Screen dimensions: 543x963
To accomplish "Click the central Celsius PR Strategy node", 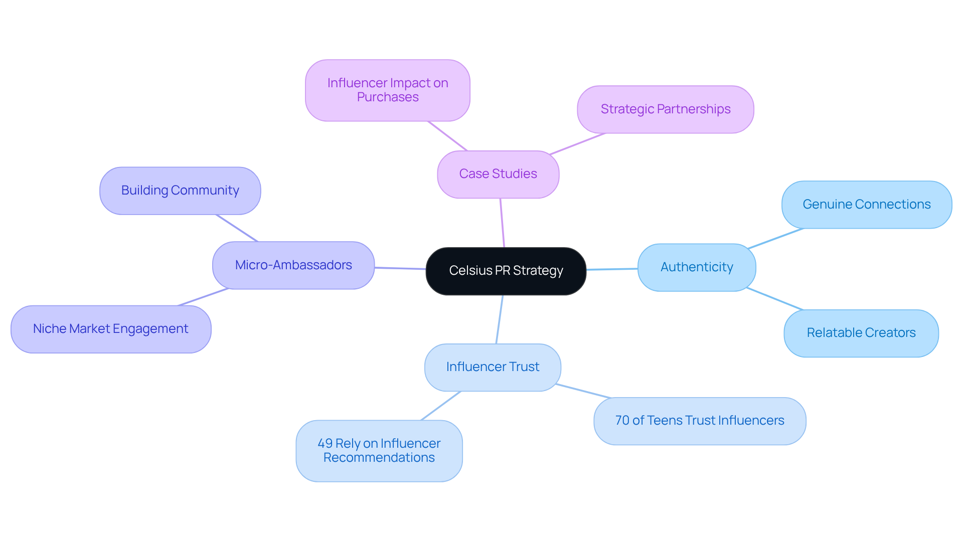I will click(x=506, y=271).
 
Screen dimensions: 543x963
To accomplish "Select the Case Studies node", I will click(x=498, y=174).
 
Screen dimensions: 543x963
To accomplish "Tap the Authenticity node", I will click(x=697, y=267).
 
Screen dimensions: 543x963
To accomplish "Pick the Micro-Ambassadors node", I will click(x=293, y=265).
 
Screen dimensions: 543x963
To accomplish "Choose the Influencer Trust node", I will click(x=493, y=367).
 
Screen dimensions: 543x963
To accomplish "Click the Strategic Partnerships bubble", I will click(x=665, y=109).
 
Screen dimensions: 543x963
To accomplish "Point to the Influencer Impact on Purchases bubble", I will click(x=388, y=90).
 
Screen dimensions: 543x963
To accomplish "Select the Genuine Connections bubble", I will click(x=866, y=205).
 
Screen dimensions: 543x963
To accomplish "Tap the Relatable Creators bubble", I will click(x=861, y=333).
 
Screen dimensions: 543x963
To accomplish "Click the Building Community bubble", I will click(x=180, y=191).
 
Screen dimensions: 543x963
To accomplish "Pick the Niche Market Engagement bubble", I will click(x=110, y=329).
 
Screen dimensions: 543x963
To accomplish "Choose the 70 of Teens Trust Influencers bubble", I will click(x=699, y=421).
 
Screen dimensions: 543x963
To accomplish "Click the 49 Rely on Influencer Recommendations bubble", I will click(x=379, y=450).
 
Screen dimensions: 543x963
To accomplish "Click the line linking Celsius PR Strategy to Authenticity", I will click(x=612, y=269).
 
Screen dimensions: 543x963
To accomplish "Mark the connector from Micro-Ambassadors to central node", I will click(x=400, y=268).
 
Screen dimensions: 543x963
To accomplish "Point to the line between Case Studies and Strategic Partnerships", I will click(x=578, y=144).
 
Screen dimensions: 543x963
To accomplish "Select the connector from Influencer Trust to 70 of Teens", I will click(x=583, y=391).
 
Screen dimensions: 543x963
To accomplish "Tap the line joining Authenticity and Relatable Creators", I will click(x=775, y=299).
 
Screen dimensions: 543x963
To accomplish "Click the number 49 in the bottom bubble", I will click(x=325, y=444).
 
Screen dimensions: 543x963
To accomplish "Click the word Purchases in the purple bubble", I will click(x=388, y=97).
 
